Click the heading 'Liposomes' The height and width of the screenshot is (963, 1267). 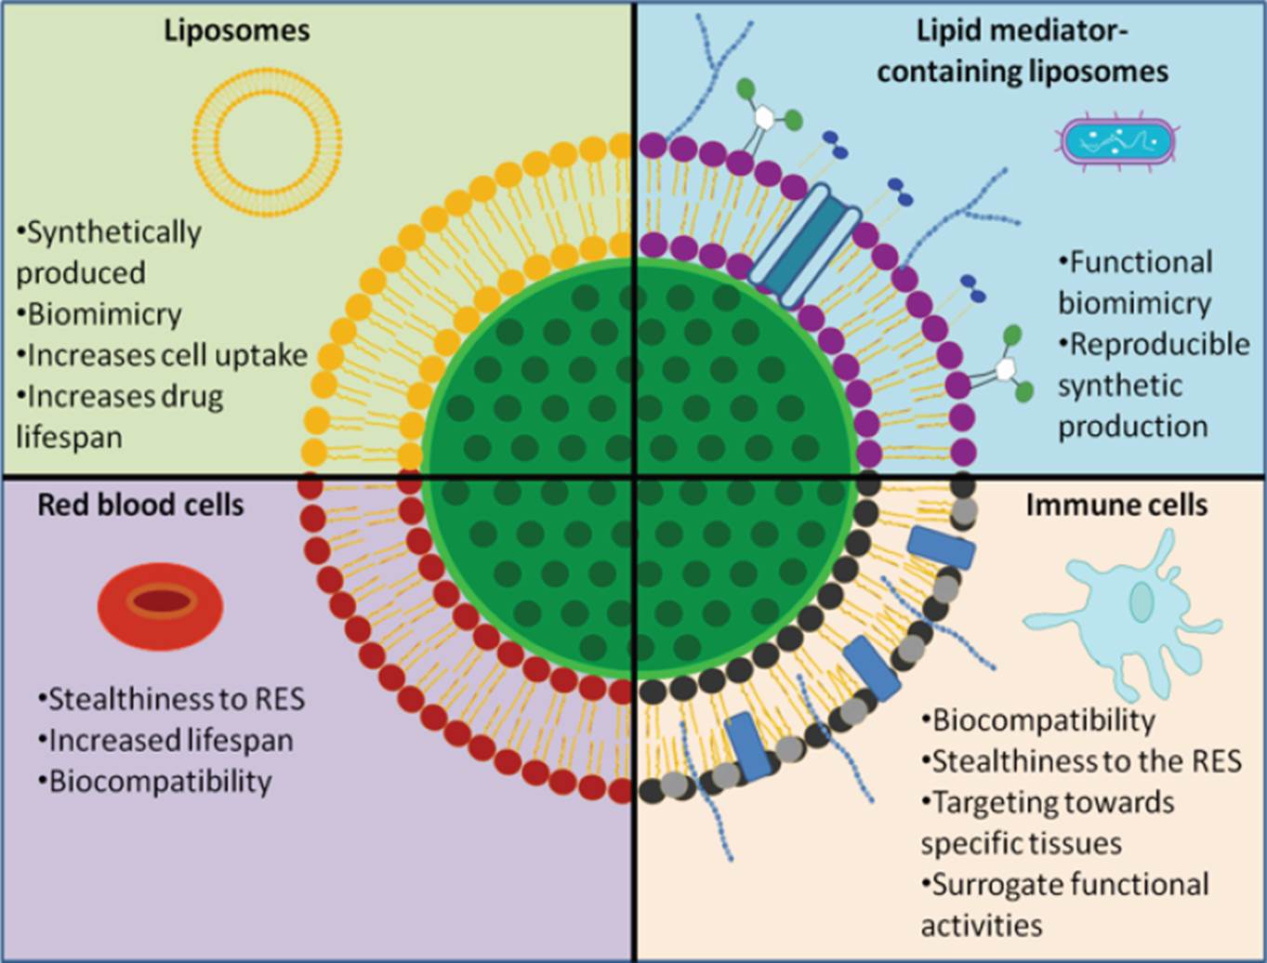point(236,30)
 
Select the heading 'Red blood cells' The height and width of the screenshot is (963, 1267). point(140,505)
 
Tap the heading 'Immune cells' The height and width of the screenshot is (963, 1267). point(1116,505)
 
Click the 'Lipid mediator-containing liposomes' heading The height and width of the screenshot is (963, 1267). point(1022,51)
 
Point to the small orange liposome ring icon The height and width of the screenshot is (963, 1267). point(267,136)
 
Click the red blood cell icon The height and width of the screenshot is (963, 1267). point(161,604)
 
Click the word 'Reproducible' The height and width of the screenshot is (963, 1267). point(1159,344)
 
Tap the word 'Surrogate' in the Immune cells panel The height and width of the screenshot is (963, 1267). point(999,884)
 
